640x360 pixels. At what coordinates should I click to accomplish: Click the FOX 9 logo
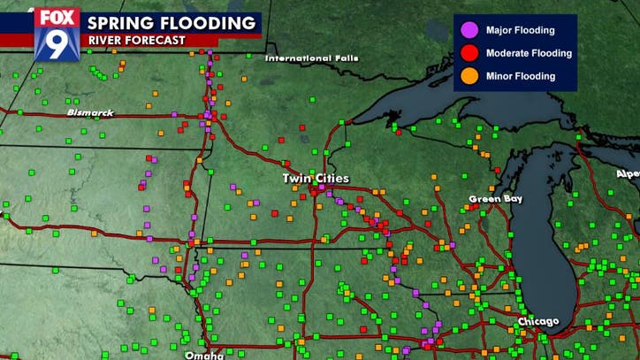click(57, 34)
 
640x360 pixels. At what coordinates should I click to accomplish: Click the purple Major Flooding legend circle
click(469, 31)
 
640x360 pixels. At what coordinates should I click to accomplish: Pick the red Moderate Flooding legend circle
click(469, 53)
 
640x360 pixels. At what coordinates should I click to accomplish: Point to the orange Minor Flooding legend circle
click(469, 76)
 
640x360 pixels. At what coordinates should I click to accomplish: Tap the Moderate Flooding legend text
click(529, 53)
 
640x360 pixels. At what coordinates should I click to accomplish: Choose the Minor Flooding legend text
click(521, 76)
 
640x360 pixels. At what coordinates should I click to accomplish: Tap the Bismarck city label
click(90, 113)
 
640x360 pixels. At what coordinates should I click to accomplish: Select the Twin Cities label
click(316, 178)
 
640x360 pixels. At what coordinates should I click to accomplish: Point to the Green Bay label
click(495, 198)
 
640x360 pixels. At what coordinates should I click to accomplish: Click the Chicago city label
click(538, 321)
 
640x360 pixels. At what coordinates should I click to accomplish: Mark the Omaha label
click(204, 355)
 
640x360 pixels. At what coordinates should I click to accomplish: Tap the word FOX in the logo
click(57, 17)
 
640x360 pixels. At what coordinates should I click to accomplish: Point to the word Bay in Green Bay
click(512, 198)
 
